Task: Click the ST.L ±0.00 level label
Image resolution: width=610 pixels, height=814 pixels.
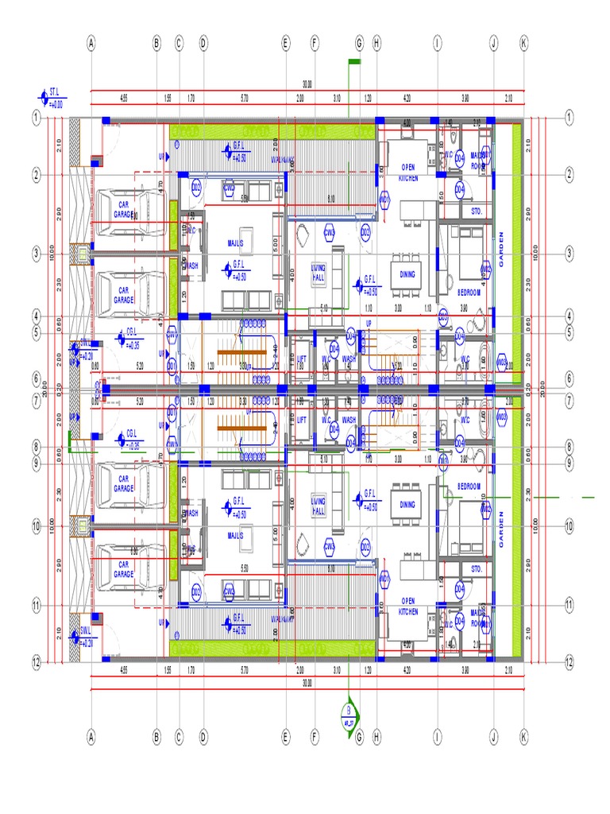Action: (54, 98)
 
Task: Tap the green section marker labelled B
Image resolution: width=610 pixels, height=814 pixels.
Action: (348, 711)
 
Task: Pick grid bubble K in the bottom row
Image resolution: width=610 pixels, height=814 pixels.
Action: (523, 738)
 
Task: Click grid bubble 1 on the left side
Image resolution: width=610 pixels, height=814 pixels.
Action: (36, 118)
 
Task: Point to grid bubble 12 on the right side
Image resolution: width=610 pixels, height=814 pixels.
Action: (569, 661)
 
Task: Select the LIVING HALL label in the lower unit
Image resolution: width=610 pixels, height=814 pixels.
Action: (319, 506)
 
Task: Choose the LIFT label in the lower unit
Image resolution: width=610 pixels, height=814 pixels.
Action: (301, 420)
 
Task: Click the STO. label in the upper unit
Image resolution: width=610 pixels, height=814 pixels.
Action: (477, 212)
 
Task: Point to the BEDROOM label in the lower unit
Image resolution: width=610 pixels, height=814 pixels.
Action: (469, 486)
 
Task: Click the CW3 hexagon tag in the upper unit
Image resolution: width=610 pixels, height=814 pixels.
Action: (330, 231)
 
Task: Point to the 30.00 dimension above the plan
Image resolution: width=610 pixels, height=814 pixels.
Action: (307, 83)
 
